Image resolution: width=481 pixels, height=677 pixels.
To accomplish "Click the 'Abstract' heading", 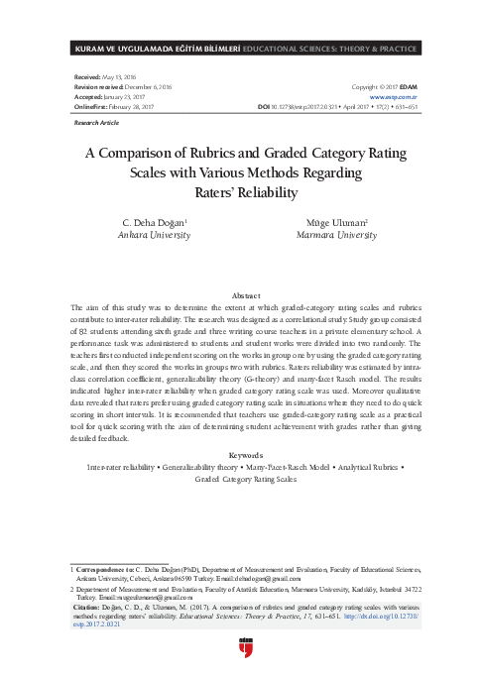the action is coord(245,296).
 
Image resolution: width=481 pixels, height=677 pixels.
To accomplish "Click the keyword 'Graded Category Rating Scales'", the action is coord(245,478).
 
